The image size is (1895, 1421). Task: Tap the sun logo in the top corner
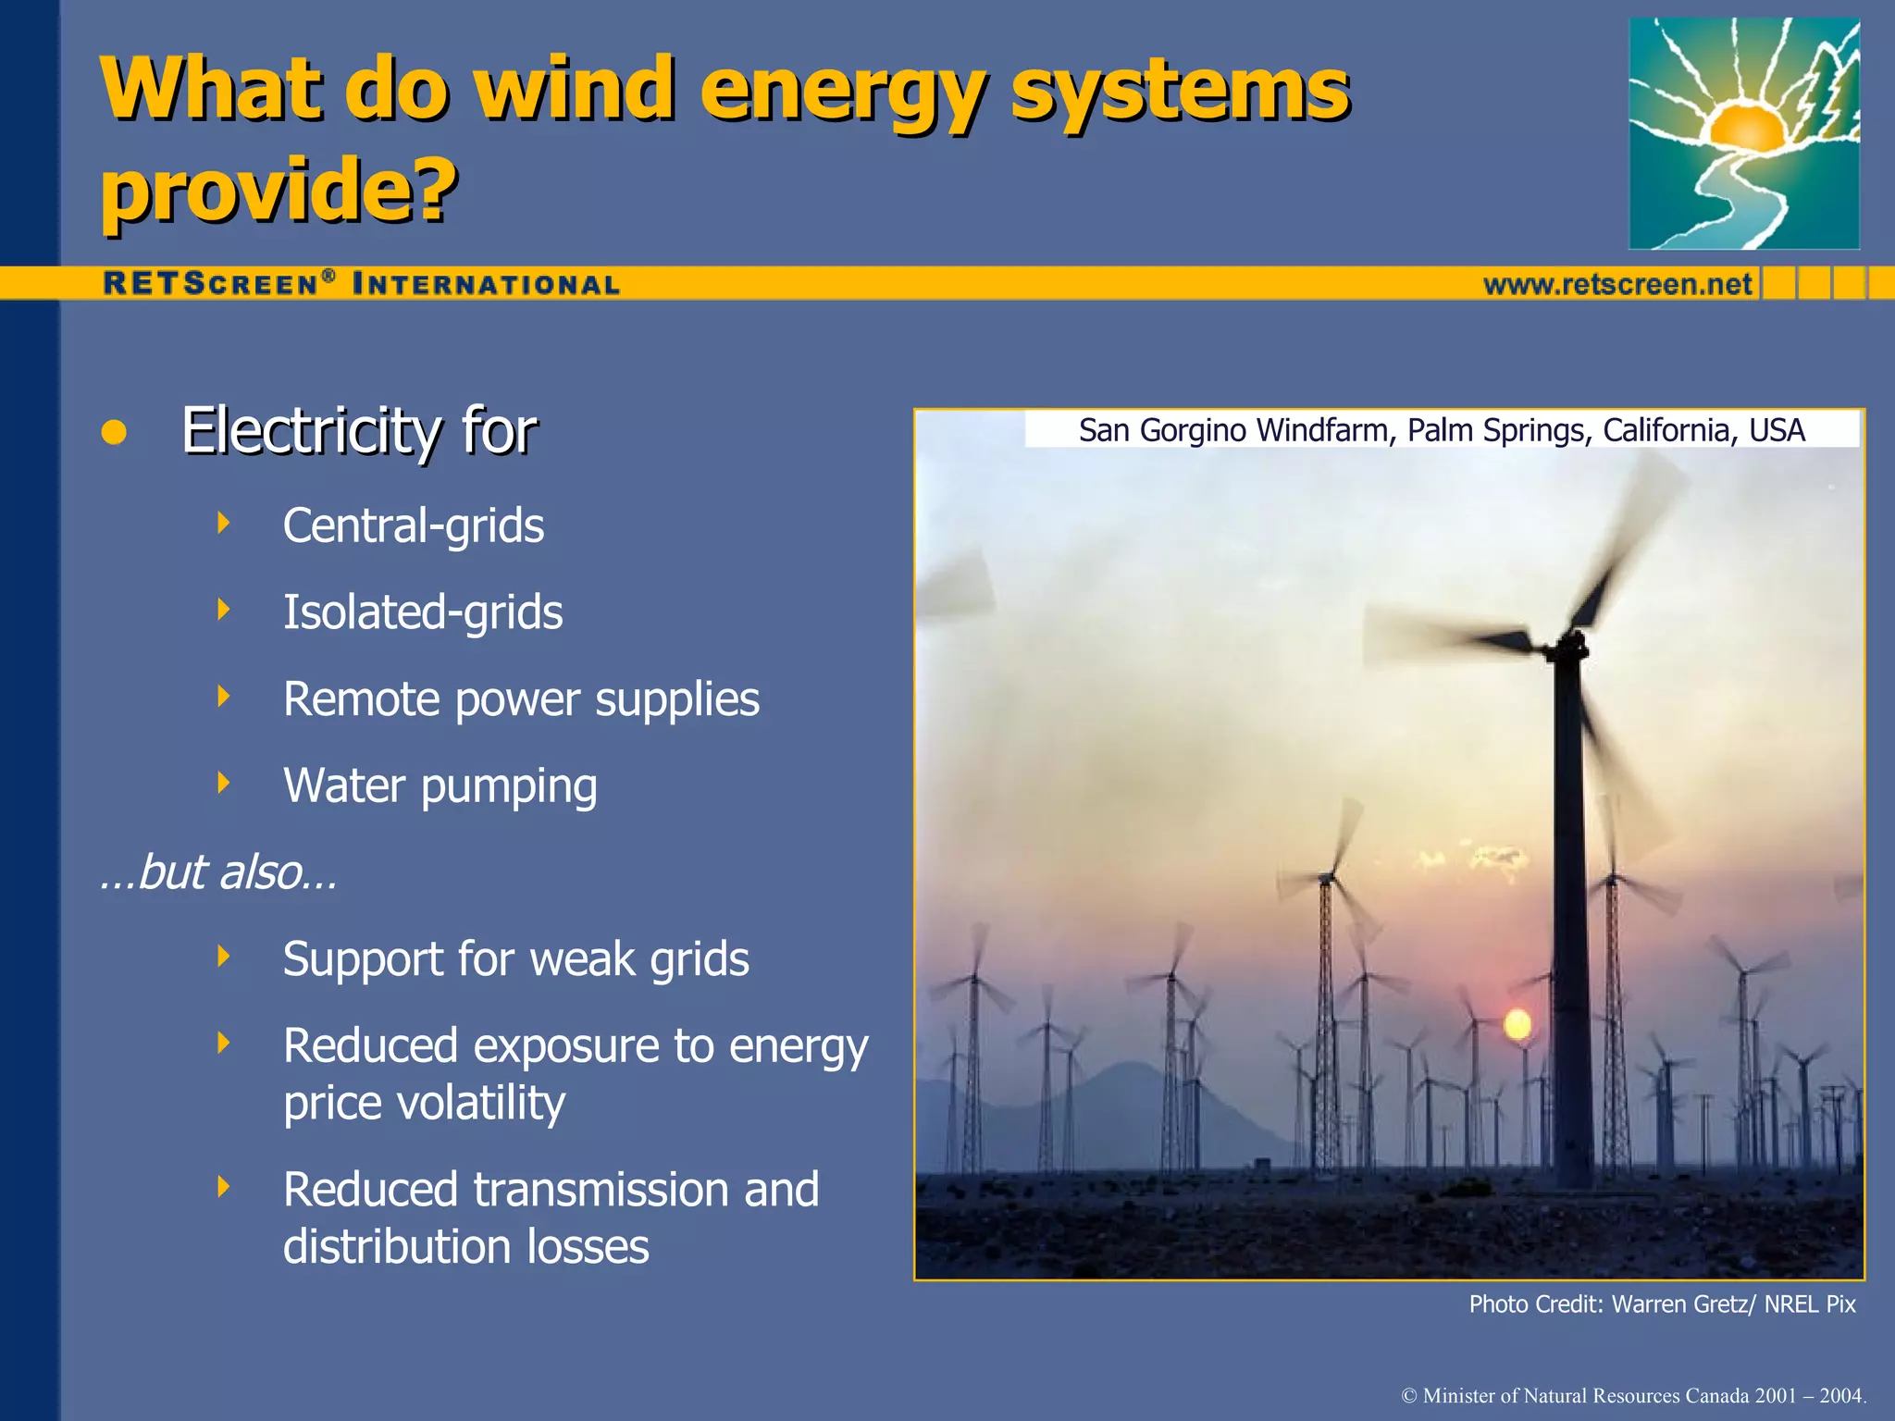click(1743, 134)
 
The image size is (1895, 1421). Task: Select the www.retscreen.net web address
click(1617, 284)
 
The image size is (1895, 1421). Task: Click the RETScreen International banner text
click(361, 284)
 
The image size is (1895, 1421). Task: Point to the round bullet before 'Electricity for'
click(114, 432)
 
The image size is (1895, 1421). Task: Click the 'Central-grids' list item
click(413, 525)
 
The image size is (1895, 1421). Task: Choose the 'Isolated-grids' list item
click(422, 612)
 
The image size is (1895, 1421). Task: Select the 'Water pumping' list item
click(440, 786)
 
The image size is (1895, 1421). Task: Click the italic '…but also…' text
click(218, 872)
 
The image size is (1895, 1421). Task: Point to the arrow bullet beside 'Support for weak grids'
click(223, 956)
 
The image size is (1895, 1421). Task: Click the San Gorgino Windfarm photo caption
click(1441, 430)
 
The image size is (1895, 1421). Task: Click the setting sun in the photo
click(1517, 1024)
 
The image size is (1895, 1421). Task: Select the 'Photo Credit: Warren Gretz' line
click(1662, 1304)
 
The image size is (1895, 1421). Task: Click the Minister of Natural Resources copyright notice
click(1634, 1395)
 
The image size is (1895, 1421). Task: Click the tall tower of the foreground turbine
click(1570, 925)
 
